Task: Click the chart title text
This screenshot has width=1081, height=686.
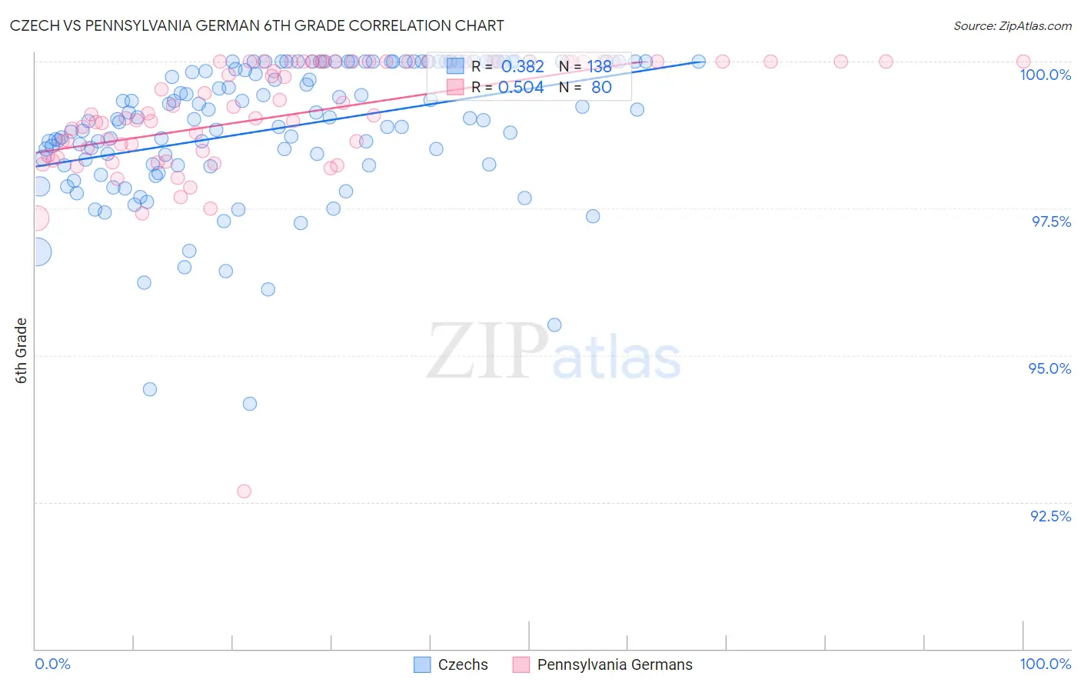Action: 257,25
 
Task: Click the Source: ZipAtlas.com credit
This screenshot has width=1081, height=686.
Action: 1012,26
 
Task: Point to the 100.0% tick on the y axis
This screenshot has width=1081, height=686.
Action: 1045,75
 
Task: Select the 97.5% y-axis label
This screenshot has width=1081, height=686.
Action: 1050,221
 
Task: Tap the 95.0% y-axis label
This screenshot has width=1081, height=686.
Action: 1049,368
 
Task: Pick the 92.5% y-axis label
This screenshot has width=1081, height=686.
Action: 1050,516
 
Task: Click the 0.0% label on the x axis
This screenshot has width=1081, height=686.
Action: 52,664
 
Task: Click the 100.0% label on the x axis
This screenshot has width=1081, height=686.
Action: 1045,664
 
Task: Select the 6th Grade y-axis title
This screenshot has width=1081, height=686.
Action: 22,351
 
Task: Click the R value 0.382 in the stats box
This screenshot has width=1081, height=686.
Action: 522,67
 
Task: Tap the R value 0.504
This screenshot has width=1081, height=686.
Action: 522,88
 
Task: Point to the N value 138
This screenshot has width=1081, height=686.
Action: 599,67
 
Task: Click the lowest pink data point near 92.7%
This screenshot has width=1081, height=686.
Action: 244,491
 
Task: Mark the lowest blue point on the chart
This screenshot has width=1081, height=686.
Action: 249,404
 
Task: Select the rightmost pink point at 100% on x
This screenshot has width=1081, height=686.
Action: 1023,62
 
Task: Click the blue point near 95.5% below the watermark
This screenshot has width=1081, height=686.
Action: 554,325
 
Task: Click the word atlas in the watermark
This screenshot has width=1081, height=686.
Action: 617,358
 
